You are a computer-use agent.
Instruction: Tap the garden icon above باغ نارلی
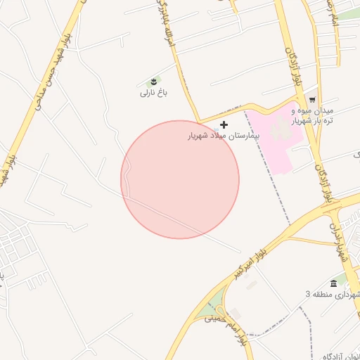[x=154, y=82]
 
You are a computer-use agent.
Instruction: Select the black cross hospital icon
[x=224, y=124]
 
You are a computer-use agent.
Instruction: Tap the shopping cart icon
[x=312, y=101]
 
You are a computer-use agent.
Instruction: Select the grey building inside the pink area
[x=281, y=127]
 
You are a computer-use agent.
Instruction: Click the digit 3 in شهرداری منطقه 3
[x=308, y=294]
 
